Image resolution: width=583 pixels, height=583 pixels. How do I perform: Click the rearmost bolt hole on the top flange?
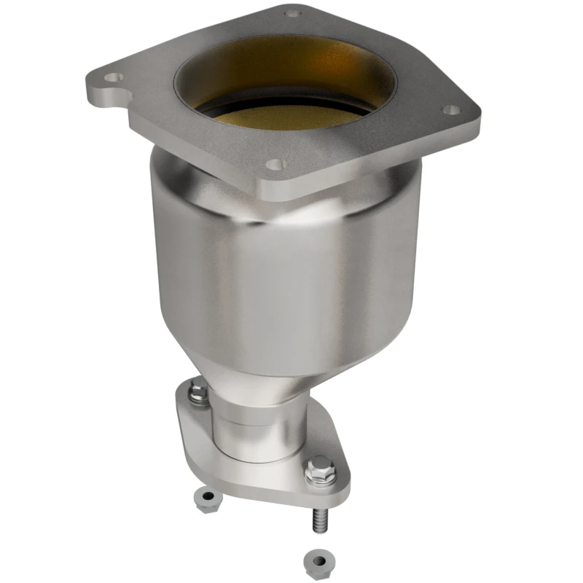pyautogui.click(x=292, y=12)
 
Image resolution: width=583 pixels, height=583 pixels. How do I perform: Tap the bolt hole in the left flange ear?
pyautogui.click(x=111, y=76)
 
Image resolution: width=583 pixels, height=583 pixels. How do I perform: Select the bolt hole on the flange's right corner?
pyautogui.click(x=452, y=110)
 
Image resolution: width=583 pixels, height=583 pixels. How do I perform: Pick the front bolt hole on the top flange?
pyautogui.click(x=274, y=165)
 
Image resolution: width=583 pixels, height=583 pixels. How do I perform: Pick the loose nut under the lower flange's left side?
pyautogui.click(x=209, y=499)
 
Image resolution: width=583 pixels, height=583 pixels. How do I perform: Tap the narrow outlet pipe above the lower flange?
pyautogui.click(x=255, y=430)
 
